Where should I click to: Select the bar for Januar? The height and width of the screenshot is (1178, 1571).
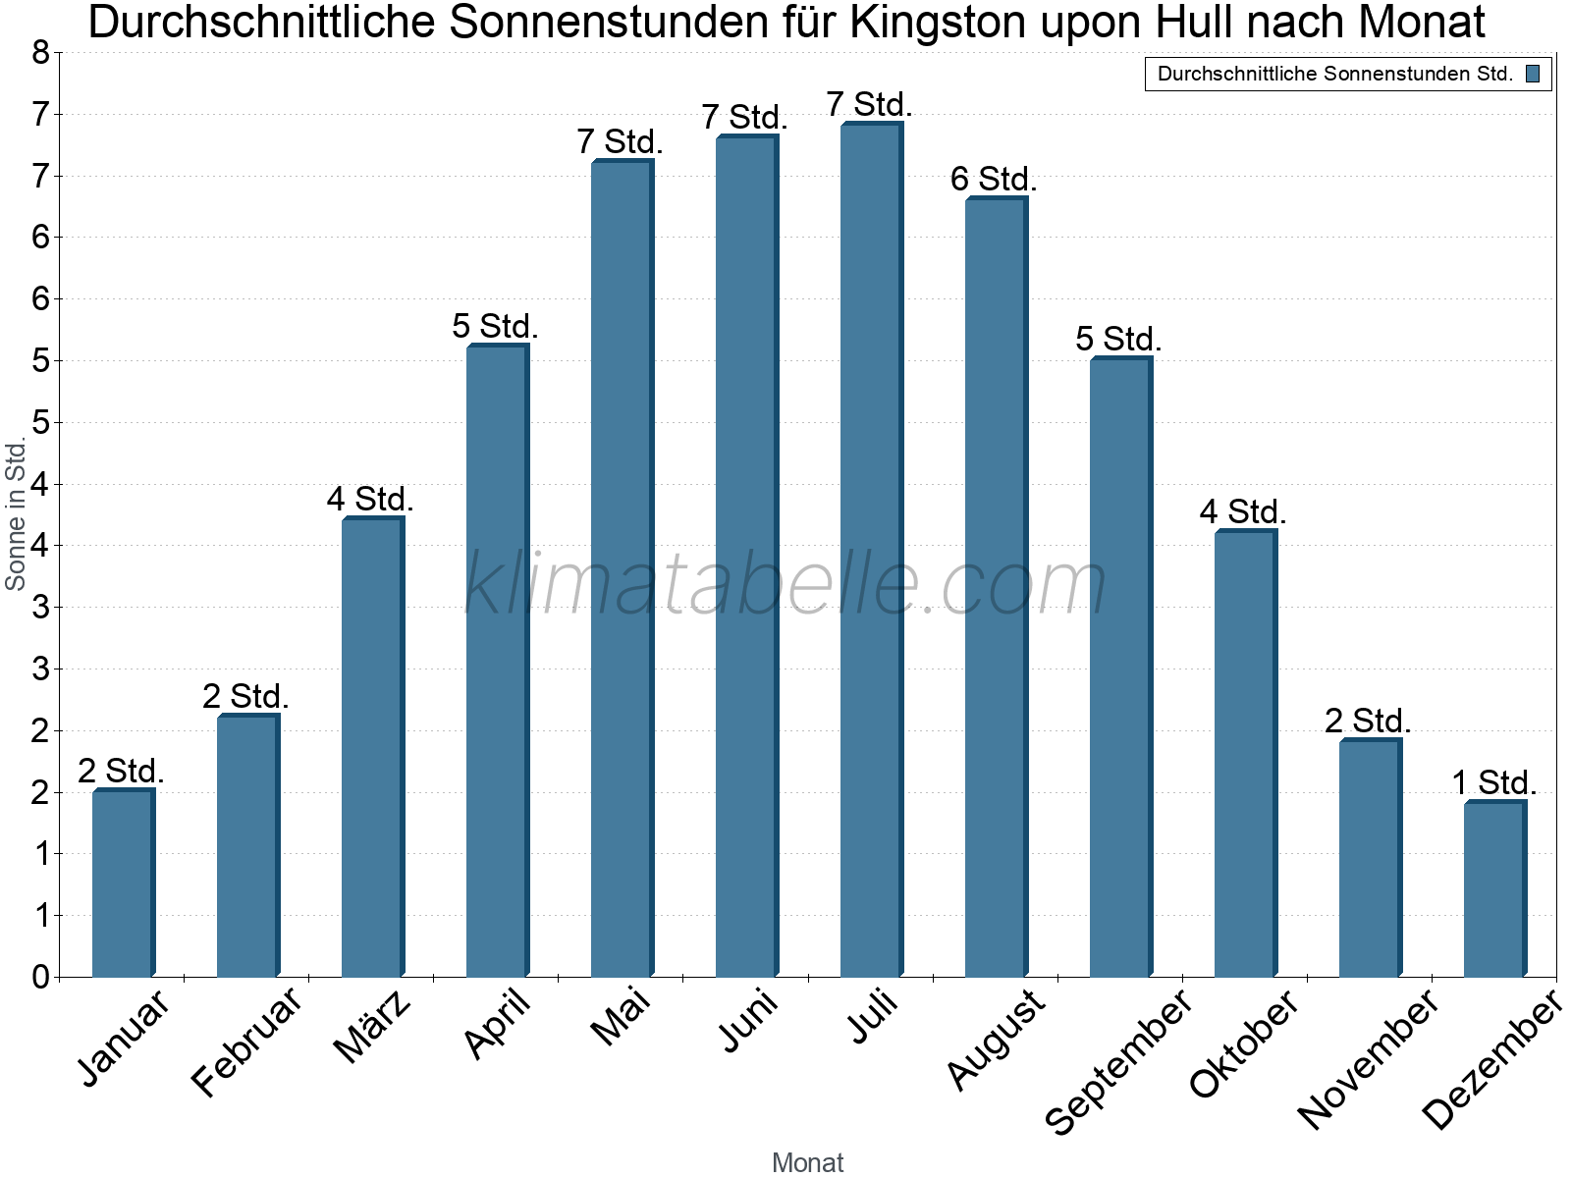[x=123, y=883]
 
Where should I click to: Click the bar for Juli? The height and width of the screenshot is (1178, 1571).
[x=871, y=550]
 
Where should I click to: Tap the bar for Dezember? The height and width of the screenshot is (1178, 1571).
[x=1494, y=889]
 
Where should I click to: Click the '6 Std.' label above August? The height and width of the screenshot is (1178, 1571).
[x=994, y=180]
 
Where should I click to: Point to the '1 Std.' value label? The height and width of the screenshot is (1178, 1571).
[x=1493, y=783]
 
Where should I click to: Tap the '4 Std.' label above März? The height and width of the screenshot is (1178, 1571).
[x=370, y=500]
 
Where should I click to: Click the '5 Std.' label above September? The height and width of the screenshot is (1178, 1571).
[x=1118, y=340]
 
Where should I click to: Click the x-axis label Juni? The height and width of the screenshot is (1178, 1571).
[x=749, y=1020]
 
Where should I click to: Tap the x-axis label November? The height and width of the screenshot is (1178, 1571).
[x=1368, y=1059]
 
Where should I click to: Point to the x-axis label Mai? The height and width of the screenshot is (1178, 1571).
[x=622, y=1017]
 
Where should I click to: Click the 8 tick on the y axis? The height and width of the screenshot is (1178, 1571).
[x=40, y=53]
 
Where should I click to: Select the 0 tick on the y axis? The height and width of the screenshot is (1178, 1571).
[x=40, y=977]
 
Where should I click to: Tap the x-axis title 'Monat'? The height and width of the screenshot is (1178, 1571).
[x=807, y=1162]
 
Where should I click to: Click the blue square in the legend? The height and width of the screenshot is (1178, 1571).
[x=1533, y=74]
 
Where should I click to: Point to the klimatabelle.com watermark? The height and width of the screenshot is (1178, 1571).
[x=785, y=584]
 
